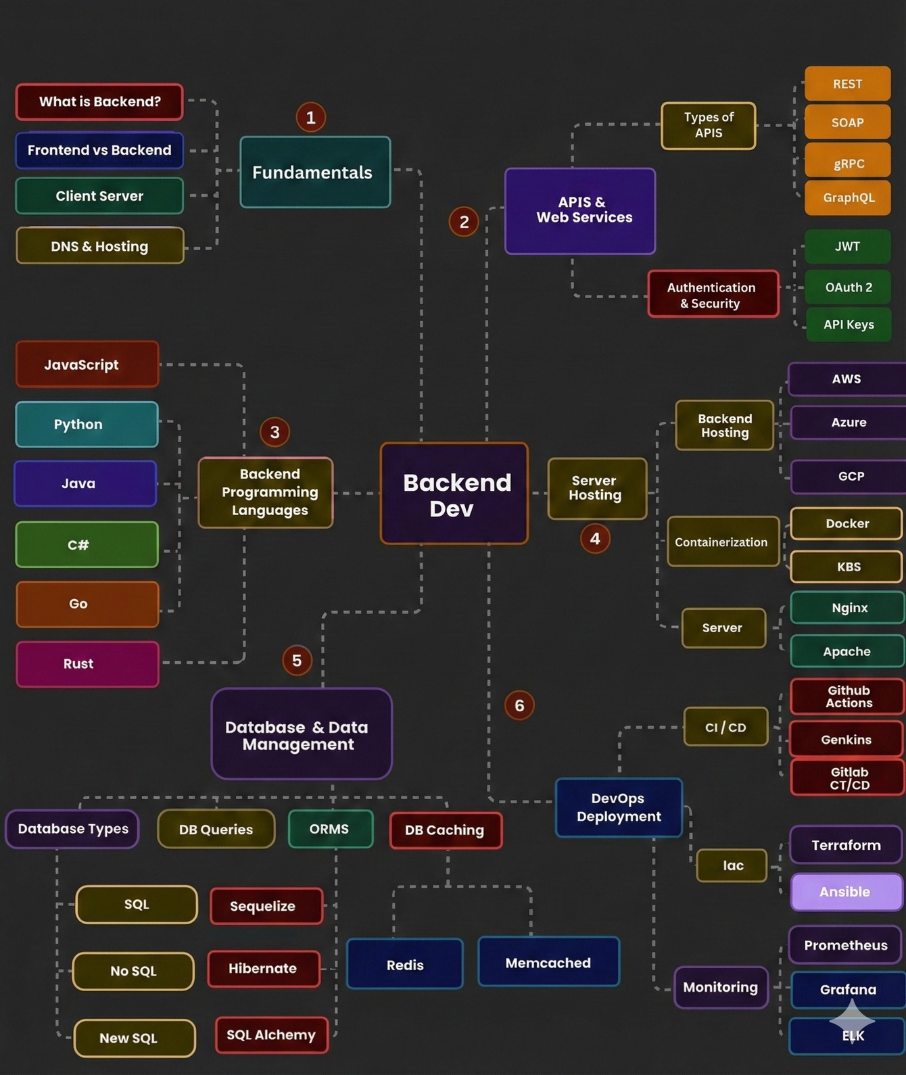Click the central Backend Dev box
[454, 494]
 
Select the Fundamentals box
[315, 172]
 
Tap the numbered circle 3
[275, 432]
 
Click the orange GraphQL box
[848, 198]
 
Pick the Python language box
[87, 425]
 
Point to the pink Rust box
[87, 664]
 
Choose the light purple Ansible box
[847, 892]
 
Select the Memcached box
[548, 963]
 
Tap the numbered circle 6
[519, 706]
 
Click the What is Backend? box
[99, 102]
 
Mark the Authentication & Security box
[713, 295]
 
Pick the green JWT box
[848, 247]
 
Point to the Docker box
[847, 524]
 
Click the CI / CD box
[725, 727]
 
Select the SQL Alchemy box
[271, 1035]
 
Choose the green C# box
[87, 545]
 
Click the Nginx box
[848, 608]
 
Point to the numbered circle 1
[311, 118]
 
